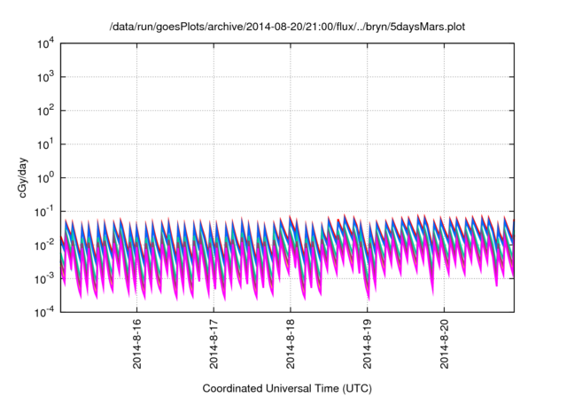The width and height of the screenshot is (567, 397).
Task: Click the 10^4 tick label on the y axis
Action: coord(45,43)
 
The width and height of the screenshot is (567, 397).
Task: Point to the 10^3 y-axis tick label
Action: coord(45,77)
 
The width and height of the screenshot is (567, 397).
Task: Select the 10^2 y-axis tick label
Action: coord(45,111)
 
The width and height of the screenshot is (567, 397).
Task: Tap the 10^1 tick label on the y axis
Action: coord(45,144)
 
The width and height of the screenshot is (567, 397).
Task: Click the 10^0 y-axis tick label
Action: coord(45,178)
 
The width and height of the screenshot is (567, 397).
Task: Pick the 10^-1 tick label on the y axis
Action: coord(44,212)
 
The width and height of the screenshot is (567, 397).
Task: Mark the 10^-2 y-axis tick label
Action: coord(44,245)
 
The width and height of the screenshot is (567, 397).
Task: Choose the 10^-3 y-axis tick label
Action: coord(44,278)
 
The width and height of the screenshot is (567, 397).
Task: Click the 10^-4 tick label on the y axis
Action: coord(44,312)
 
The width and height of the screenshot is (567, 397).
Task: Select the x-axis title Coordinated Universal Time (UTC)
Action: coord(287,388)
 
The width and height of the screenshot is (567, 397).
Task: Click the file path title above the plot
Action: coord(287,27)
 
